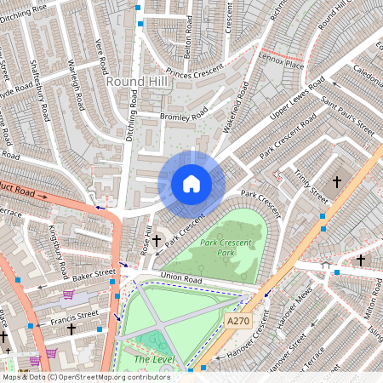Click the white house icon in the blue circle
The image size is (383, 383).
point(191,184)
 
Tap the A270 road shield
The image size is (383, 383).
point(239,321)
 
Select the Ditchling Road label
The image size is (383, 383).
point(133,118)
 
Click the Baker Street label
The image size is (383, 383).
point(94,274)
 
